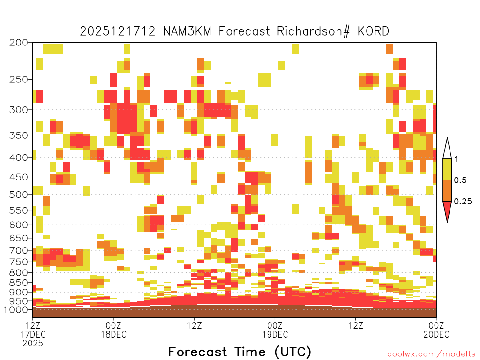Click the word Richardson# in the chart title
[x=314, y=31]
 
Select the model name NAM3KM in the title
[x=187, y=31]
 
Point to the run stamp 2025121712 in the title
[x=118, y=31]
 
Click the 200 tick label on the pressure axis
[x=19, y=43]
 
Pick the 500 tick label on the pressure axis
[x=19, y=195]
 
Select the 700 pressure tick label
[x=19, y=250]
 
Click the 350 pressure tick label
[x=19, y=135]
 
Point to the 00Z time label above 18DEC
[x=113, y=325]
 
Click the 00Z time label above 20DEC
[x=436, y=325]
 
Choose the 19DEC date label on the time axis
[x=275, y=334]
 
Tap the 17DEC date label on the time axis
[x=33, y=334]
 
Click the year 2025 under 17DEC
[x=33, y=344]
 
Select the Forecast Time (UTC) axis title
[x=240, y=352]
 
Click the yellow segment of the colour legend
[x=447, y=169]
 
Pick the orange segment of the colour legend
[x=447, y=190]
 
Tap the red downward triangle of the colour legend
[x=447, y=210]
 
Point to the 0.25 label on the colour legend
[x=463, y=202]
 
